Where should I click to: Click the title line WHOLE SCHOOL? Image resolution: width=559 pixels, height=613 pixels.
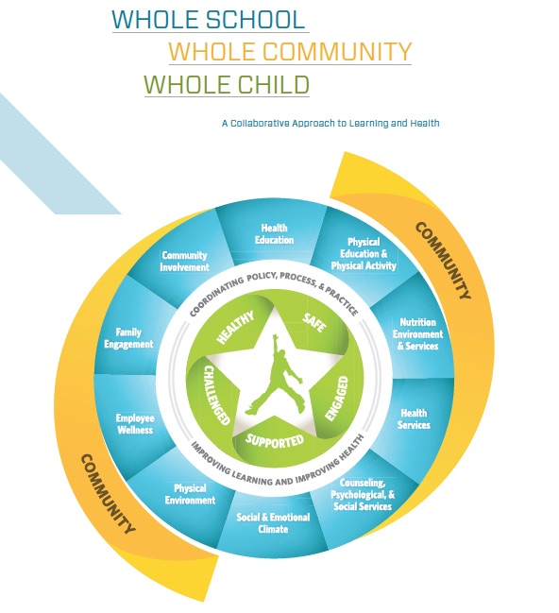pos(209,19)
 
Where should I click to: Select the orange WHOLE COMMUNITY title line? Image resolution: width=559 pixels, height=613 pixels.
pos(290,51)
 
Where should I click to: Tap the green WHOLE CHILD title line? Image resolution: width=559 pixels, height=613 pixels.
pos(227,84)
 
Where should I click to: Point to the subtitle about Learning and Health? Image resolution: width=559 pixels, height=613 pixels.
pos(330,123)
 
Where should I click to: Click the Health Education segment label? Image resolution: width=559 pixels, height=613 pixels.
pos(275,234)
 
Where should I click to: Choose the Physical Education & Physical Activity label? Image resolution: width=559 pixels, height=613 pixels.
pos(364,254)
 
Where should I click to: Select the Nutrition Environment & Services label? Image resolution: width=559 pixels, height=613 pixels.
pos(418,333)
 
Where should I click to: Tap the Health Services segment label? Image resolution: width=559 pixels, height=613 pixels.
pos(414,418)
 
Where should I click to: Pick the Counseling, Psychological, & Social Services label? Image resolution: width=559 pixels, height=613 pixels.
pos(363,495)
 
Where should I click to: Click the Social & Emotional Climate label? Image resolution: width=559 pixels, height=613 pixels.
pos(273,523)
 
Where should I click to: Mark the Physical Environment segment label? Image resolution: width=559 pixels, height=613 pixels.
pos(190,494)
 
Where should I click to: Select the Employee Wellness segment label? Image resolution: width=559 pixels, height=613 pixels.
pos(135,424)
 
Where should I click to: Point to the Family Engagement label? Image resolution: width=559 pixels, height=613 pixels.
pos(128,338)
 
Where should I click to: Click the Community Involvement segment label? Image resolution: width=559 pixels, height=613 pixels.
pos(184,261)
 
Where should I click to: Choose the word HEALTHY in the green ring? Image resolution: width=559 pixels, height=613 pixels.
pos(235,327)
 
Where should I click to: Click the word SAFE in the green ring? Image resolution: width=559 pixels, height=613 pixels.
pos(314,323)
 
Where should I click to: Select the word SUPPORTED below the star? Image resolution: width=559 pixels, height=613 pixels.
pos(275,441)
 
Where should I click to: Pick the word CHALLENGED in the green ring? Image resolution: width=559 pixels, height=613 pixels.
pos(216,395)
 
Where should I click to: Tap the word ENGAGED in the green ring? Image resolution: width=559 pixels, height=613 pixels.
pos(336,399)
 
